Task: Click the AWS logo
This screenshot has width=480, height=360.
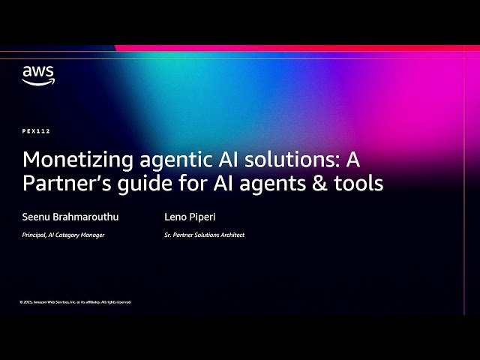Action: [37, 75]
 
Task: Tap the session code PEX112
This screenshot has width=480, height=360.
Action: [37, 131]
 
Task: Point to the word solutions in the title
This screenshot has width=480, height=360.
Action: [281, 160]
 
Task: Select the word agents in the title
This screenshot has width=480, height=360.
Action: [276, 184]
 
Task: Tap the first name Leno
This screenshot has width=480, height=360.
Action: [175, 217]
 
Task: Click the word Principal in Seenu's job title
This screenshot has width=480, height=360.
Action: [34, 235]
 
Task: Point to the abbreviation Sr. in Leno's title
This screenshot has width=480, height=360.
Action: [167, 235]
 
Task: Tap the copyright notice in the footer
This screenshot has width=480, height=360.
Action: [76, 301]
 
